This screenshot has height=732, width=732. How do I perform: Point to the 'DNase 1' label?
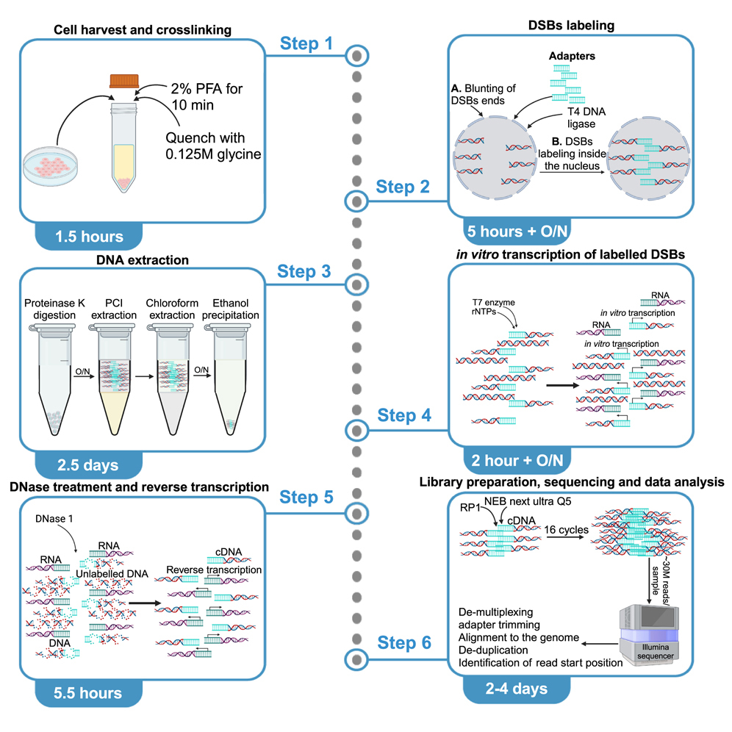click(54, 520)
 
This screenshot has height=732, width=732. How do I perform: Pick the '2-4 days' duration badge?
click(517, 689)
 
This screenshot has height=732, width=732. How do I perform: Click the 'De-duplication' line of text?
click(493, 650)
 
